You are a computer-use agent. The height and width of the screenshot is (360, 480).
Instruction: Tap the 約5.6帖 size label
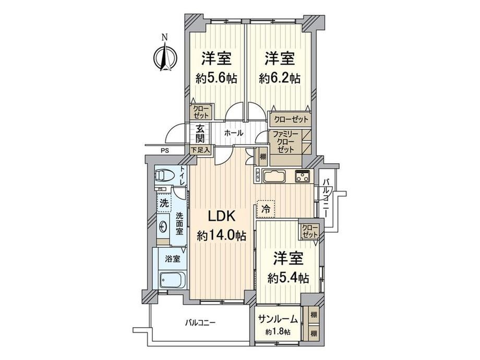click(216, 79)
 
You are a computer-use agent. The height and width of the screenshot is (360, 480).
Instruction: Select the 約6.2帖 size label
click(280, 79)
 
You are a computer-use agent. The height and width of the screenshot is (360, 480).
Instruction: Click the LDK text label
click(222, 217)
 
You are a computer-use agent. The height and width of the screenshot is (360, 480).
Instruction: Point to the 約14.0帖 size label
click(222, 235)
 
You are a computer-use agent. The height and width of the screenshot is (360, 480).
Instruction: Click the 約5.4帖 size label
click(288, 278)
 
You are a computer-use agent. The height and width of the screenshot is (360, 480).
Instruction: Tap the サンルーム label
click(278, 319)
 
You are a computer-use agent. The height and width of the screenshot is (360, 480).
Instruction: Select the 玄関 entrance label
click(200, 134)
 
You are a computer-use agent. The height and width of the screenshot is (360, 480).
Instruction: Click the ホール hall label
click(234, 133)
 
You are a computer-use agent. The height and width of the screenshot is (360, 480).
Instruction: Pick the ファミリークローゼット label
click(285, 142)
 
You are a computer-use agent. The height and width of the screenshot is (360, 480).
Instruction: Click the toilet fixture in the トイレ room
click(164, 175)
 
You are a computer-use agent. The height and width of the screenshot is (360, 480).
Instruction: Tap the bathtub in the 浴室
click(172, 280)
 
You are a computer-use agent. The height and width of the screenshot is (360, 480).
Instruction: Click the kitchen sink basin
click(274, 177)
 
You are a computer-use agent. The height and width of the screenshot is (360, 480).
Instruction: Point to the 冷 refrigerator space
click(266, 209)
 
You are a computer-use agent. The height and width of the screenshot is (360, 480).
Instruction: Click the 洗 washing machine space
click(164, 202)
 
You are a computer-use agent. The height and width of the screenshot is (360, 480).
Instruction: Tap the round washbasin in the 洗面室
click(163, 227)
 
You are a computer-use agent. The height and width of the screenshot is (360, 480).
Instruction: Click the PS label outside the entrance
click(165, 151)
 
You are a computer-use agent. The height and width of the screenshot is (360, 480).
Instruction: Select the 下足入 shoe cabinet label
click(200, 150)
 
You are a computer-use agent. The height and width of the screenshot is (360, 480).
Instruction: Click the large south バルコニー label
click(200, 322)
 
